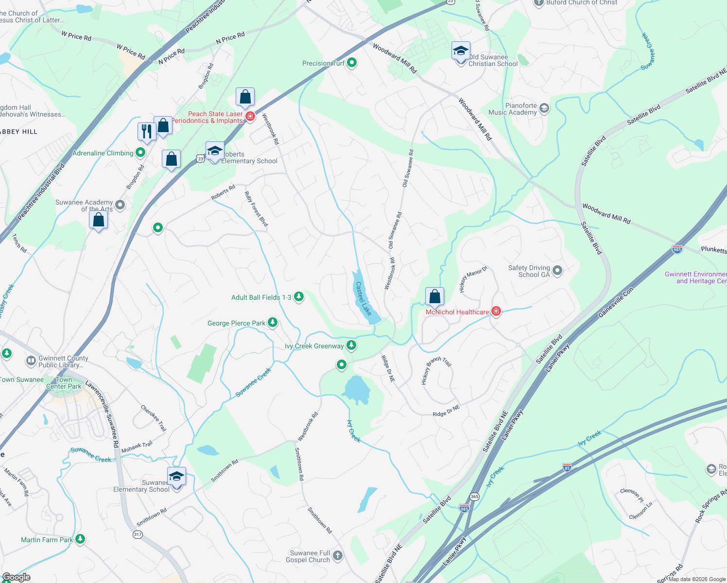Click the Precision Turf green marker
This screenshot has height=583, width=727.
coord(352,63)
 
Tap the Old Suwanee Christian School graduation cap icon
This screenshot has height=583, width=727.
coord(461,51)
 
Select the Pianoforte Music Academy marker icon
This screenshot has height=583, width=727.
coord(544,108)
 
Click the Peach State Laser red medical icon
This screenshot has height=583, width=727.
coord(250,117)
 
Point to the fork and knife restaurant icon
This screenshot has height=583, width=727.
coord(146,131)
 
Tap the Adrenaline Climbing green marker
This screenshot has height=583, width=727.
coord(140,153)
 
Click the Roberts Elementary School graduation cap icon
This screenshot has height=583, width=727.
coord(214,151)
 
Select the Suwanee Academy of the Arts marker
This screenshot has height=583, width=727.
coord(120,205)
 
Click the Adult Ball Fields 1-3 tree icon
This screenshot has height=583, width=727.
coord(299,296)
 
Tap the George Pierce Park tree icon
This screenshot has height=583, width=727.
coord(273,322)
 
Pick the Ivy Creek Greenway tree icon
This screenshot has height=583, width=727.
coord(351,345)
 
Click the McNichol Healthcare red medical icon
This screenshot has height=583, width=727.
coord(496,311)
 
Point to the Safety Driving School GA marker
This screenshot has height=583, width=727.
coord(557,271)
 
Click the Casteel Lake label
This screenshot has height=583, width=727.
coord(363,298)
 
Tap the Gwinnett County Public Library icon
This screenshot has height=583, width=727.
coord(31,361)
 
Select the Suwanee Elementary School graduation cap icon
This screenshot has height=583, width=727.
coord(176,477)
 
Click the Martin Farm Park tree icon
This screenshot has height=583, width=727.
coord(80,539)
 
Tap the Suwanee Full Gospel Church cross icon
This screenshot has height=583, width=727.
coord(337,555)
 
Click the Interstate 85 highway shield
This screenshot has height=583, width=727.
coord(567,467)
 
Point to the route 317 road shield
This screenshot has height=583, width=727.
coord(138,534)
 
